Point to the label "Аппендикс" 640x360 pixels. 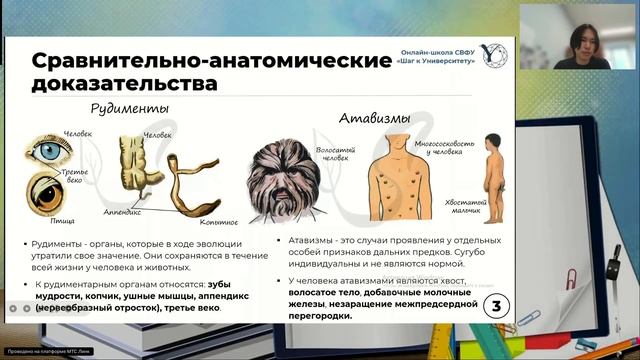point(121,212)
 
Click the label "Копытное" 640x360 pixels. point(218,222)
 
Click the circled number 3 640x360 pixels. point(496,307)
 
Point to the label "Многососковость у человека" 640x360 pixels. point(425,147)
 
